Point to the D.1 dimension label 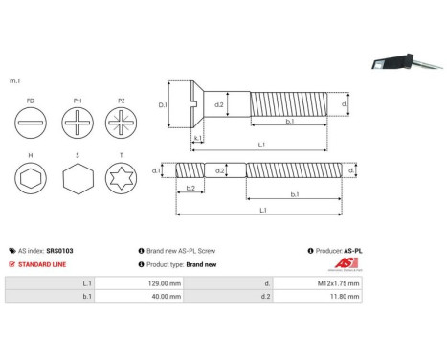pos(163,105)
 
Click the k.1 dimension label pos(196,138)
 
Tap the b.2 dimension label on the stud pos(190,189)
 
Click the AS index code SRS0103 pos(59,250)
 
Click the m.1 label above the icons pos(13,81)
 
